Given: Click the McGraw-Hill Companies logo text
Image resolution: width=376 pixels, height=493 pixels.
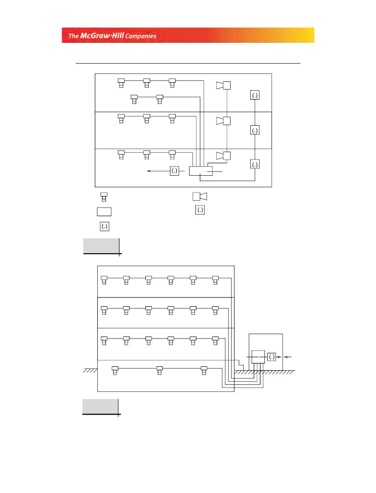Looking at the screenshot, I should [112, 36].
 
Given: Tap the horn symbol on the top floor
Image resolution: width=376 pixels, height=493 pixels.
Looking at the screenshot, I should [223, 86].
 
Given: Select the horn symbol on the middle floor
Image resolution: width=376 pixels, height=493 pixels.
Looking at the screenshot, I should [223, 120].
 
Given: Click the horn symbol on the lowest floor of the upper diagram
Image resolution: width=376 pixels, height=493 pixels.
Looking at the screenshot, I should [223, 156].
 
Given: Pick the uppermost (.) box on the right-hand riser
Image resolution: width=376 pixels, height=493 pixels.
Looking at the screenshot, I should [255, 95].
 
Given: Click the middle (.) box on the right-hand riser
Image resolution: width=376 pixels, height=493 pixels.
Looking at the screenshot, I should [255, 130].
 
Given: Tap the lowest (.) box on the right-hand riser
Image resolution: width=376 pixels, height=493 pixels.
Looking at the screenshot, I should [255, 165].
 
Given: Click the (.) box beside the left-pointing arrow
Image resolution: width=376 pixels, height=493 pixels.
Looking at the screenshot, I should [174, 171].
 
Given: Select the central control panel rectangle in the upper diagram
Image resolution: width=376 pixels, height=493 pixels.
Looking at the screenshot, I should [201, 171].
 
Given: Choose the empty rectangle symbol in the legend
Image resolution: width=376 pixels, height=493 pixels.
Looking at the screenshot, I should [104, 211].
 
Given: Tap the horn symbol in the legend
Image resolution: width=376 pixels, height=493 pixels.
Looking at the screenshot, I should [199, 196].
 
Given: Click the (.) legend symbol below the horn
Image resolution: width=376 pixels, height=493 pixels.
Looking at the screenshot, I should [200, 210].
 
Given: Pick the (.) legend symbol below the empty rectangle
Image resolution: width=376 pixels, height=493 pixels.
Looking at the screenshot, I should [104, 226].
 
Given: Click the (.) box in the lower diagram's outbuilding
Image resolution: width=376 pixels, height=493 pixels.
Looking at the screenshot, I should [272, 357].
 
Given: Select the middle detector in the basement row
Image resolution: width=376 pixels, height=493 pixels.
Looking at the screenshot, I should [159, 370].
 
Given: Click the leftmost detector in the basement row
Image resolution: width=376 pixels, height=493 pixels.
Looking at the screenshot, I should [115, 370].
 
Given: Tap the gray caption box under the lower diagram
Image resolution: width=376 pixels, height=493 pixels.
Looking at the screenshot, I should [100, 406].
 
